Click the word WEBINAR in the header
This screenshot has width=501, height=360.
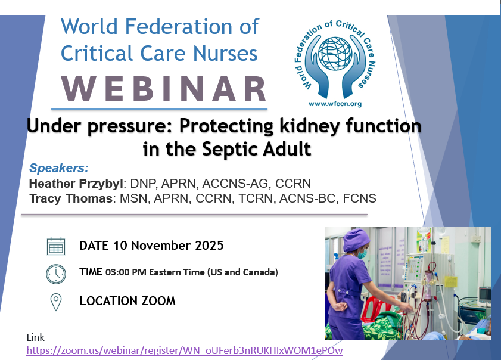pos(164,89)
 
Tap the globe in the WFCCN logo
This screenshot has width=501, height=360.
pos(335,54)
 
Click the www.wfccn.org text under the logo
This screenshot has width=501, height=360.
pos(335,104)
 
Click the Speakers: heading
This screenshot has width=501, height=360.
pos(59,168)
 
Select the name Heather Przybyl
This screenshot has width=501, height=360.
pos(76,184)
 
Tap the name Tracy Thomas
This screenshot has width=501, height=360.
pos(71,198)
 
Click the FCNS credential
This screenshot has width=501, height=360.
pos(359,198)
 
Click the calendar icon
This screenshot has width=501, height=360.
pos(56,246)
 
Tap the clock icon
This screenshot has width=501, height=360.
pos(56,274)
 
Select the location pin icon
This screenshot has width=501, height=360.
pos(56,302)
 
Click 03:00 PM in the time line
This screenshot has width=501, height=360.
pos(126,272)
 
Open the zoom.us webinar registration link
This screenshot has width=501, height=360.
pos(184,350)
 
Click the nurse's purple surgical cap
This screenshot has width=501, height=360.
pos(356,239)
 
